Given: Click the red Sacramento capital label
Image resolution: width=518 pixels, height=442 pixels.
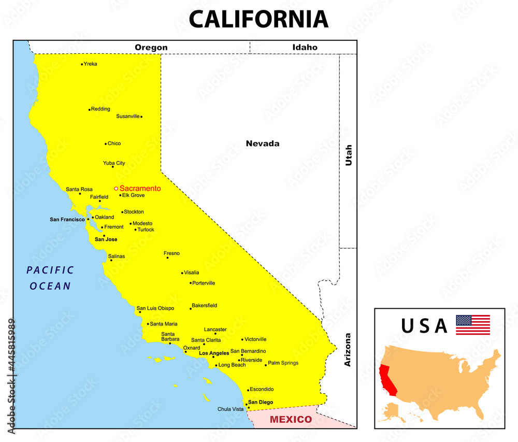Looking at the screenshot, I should (140, 189).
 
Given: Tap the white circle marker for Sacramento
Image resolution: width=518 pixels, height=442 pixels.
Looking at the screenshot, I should (116, 189).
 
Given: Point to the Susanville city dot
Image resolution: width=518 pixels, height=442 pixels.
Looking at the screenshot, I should (141, 117).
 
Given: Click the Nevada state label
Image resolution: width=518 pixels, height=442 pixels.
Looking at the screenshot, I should (263, 144).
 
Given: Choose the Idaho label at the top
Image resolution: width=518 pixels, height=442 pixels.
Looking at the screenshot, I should (305, 47).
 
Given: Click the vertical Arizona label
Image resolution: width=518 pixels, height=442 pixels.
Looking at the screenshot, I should (348, 350).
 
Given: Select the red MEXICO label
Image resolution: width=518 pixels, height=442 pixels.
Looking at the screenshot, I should (291, 419).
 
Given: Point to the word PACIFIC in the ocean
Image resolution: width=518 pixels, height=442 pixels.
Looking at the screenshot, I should (50, 270).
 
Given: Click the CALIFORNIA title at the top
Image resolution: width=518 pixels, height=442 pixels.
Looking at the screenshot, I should (258, 20).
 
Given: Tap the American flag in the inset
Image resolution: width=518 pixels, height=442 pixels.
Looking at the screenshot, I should (472, 325).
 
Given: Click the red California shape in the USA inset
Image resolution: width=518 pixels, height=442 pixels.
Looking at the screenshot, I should (387, 380).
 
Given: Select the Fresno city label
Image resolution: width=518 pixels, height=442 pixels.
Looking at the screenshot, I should (172, 253).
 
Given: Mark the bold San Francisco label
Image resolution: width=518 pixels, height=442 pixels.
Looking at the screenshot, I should (67, 220).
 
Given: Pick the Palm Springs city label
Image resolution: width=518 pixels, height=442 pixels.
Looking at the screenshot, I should (283, 363).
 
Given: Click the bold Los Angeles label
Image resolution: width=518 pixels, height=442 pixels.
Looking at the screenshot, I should (214, 353).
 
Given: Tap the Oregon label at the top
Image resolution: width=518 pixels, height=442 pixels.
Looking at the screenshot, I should (151, 47).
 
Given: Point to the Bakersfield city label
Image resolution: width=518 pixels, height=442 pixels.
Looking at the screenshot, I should (205, 305).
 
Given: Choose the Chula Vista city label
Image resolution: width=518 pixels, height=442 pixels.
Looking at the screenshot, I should (230, 409).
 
